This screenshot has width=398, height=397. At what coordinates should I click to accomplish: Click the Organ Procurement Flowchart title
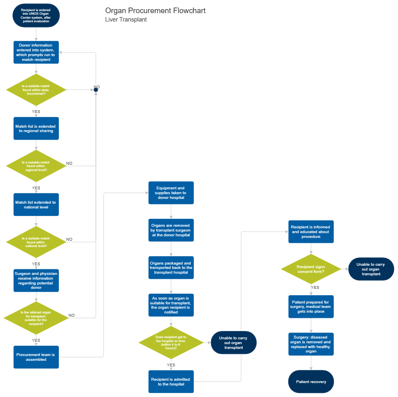(155, 11)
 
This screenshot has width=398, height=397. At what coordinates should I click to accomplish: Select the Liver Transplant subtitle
(126, 19)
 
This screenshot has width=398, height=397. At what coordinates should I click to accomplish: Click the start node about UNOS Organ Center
(36, 16)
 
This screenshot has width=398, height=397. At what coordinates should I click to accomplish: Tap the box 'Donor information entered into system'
(36, 52)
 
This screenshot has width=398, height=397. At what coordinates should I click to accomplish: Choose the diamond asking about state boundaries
(36, 90)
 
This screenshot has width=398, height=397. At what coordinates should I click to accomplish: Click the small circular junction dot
(96, 90)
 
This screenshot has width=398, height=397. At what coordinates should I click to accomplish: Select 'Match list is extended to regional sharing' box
(36, 128)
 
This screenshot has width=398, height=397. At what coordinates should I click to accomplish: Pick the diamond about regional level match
(36, 166)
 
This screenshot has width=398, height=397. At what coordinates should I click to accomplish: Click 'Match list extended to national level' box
(36, 204)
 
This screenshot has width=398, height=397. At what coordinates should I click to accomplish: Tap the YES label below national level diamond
(36, 264)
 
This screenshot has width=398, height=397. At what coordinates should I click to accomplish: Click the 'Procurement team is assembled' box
(36, 357)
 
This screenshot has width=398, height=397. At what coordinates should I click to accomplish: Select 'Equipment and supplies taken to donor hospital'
(171, 193)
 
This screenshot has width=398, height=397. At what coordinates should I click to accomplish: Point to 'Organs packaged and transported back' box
(171, 268)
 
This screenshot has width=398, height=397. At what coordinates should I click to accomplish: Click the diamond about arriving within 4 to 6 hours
(171, 342)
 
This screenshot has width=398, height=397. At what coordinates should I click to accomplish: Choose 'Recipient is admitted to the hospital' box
(171, 381)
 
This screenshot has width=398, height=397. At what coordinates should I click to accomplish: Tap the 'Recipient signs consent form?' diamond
(311, 269)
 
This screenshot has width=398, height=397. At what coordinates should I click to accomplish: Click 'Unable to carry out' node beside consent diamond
(371, 269)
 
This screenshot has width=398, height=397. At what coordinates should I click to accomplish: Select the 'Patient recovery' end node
(311, 381)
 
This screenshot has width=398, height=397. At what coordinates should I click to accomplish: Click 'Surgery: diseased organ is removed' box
(311, 344)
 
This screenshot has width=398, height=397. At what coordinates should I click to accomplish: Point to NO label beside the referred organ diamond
(71, 315)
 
